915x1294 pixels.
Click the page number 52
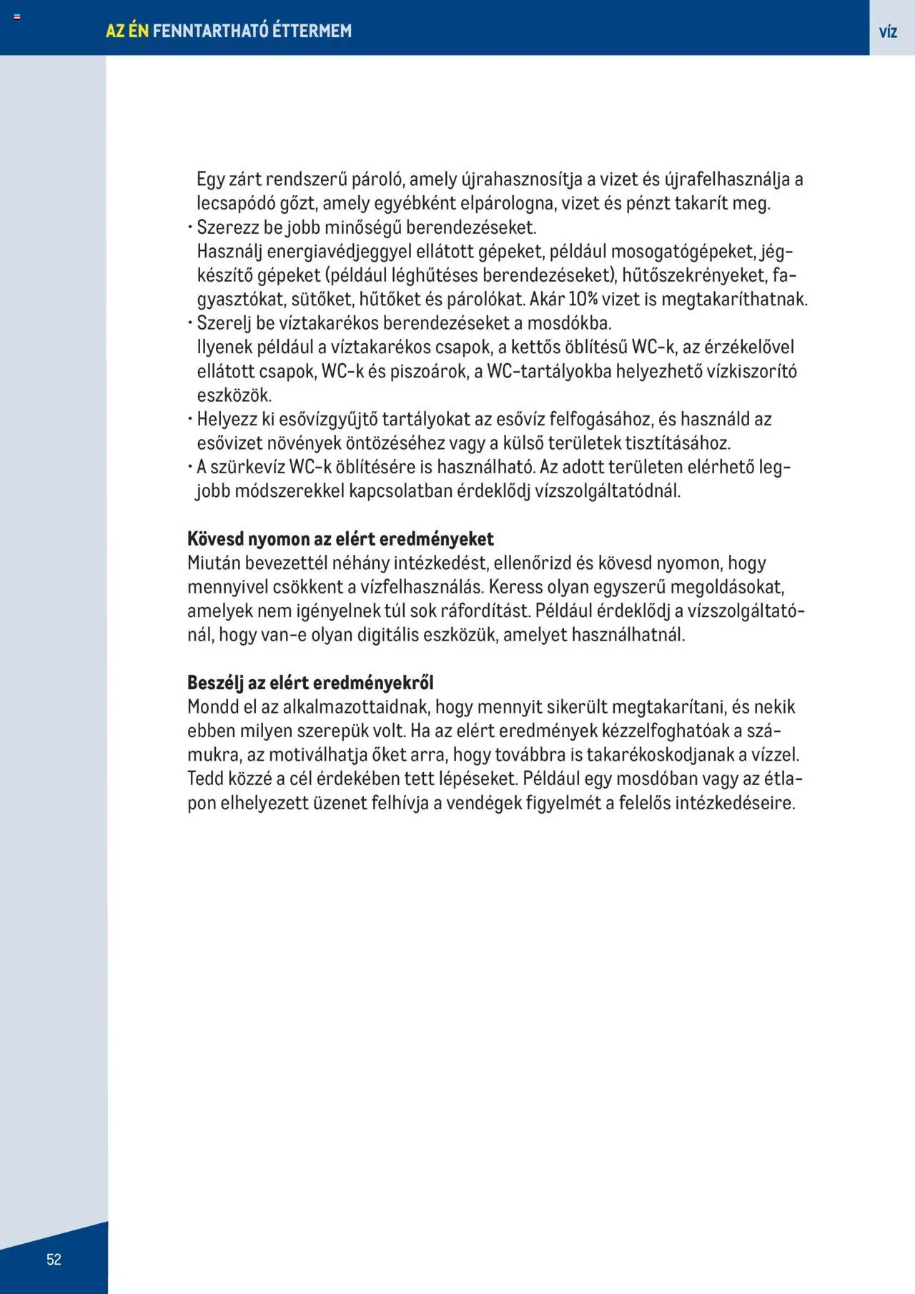[x=54, y=1259]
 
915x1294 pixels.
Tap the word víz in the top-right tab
[x=888, y=31]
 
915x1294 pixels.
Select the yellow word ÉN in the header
[x=138, y=31]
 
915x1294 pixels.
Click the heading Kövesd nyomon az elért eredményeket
[x=340, y=538]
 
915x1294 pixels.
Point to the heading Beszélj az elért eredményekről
[x=310, y=682]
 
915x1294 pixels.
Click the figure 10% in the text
[x=583, y=299]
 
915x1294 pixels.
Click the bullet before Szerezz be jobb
[x=191, y=228]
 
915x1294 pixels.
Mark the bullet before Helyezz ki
[x=191, y=420]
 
